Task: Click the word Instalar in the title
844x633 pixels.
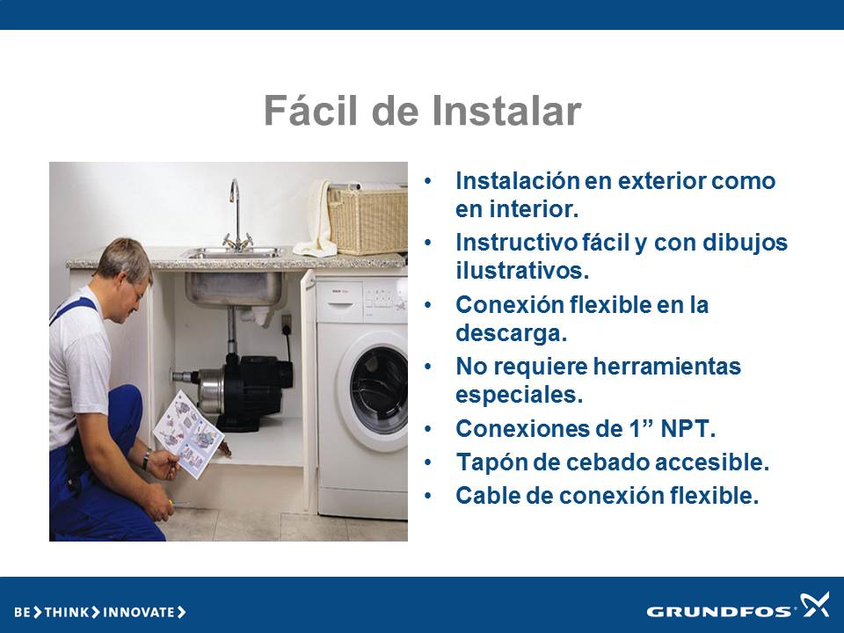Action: [x=506, y=111]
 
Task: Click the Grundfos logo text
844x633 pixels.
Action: [x=718, y=612]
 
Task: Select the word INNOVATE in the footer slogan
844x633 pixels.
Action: [x=138, y=612]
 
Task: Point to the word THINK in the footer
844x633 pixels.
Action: [x=67, y=612]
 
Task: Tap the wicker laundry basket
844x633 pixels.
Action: [x=367, y=219]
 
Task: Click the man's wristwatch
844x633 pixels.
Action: [x=146, y=459]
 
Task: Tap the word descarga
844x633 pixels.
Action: [x=511, y=333]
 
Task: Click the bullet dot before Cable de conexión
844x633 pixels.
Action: [x=428, y=496]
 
